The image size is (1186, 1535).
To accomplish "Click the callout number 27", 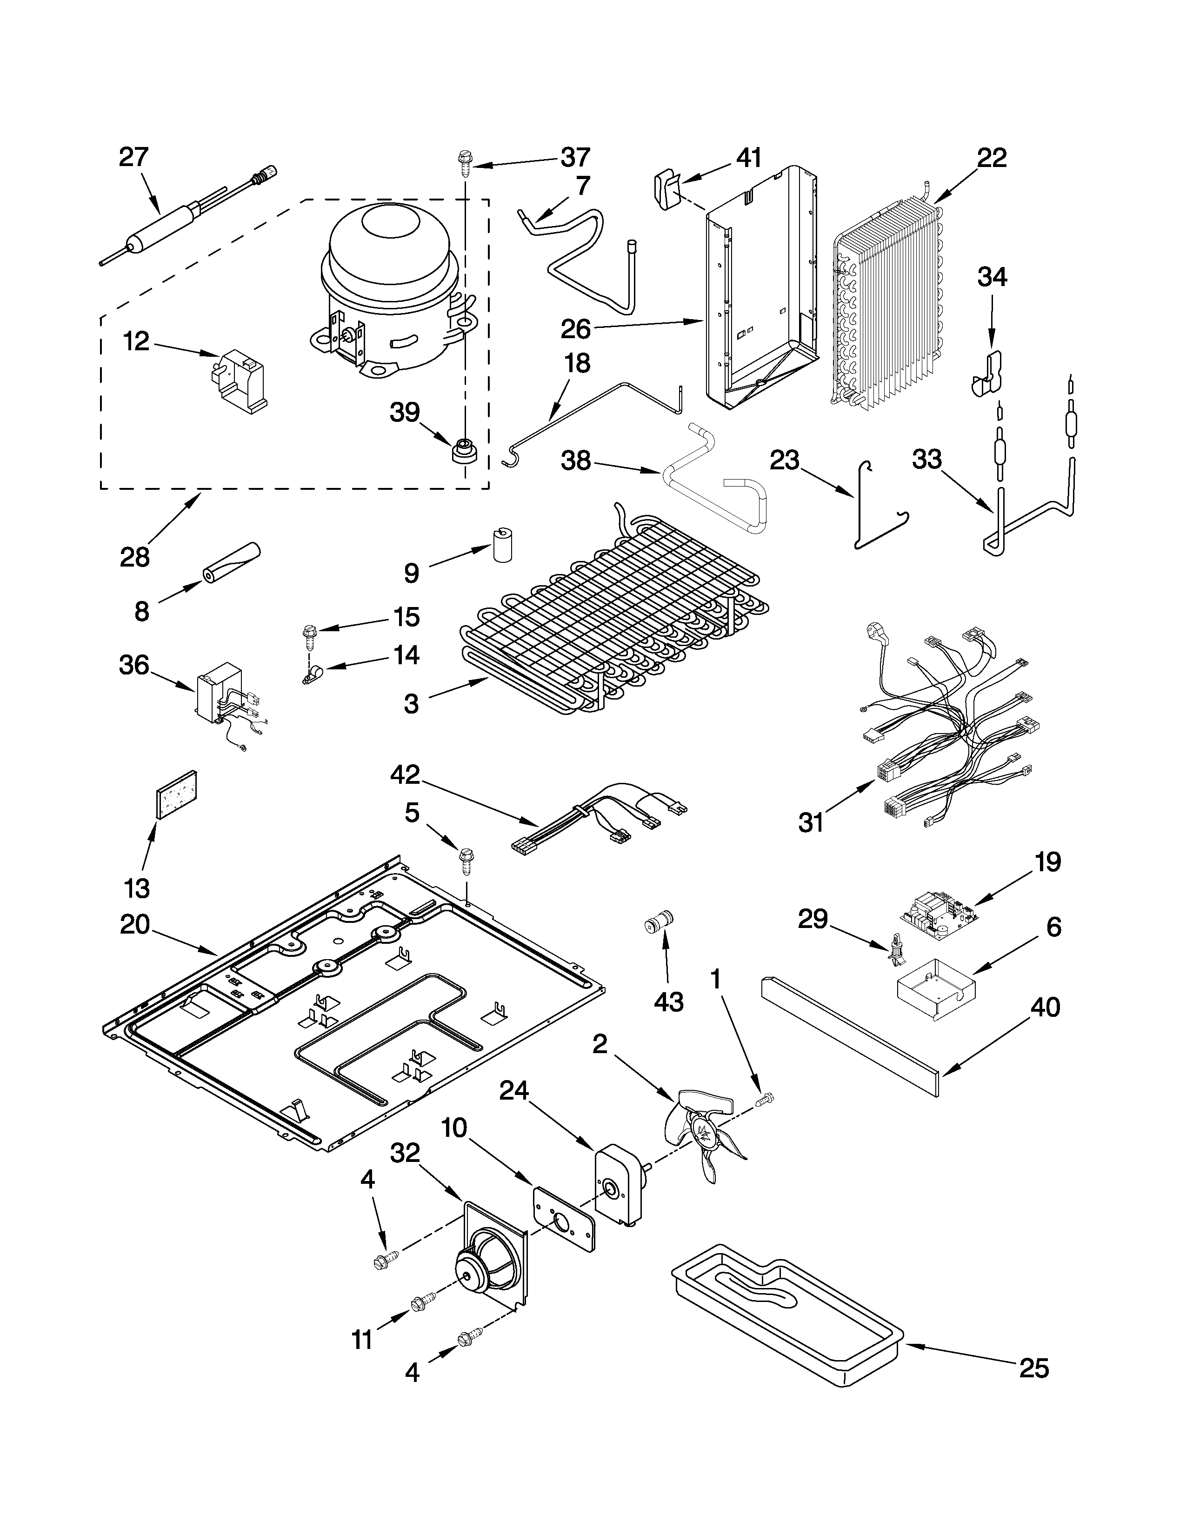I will (133, 157).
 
